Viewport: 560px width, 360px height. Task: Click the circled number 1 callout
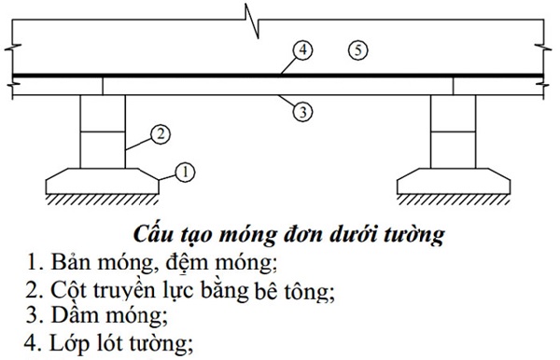(185, 171)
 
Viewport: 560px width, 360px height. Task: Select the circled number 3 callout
(301, 111)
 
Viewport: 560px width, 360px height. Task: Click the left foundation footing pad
(102, 179)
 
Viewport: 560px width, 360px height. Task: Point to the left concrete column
(102, 131)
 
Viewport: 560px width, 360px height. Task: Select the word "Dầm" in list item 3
(74, 315)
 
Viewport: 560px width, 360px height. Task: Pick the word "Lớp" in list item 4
(70, 342)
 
